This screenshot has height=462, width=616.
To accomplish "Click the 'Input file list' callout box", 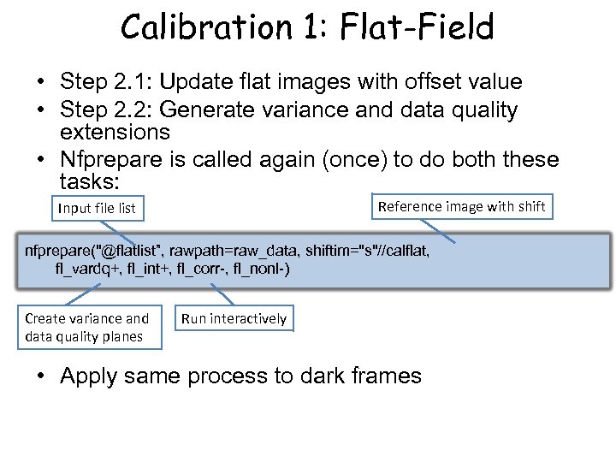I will click(x=97, y=208).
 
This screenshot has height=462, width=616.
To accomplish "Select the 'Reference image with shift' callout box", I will click(x=461, y=206).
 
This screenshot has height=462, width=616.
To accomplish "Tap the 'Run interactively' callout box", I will click(x=234, y=318).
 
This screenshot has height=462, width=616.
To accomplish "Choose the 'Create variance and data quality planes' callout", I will click(x=86, y=327).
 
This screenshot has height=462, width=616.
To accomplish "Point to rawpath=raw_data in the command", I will click(x=232, y=251).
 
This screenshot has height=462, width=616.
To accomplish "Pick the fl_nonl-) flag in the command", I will click(x=261, y=269).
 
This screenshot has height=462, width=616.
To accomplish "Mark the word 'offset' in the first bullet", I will click(x=418, y=82).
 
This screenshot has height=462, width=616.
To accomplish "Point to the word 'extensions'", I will click(x=115, y=133).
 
